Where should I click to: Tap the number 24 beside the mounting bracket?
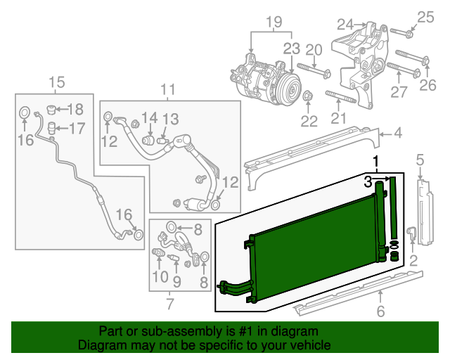pos(345,25)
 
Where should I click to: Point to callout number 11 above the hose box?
pos(167,89)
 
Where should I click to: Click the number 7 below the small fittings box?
pos(169,304)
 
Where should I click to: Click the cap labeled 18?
pos(52,109)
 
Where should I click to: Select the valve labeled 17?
pos(51,128)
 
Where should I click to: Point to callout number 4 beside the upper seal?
pos(397,131)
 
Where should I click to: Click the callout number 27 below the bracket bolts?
pos(399,92)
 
